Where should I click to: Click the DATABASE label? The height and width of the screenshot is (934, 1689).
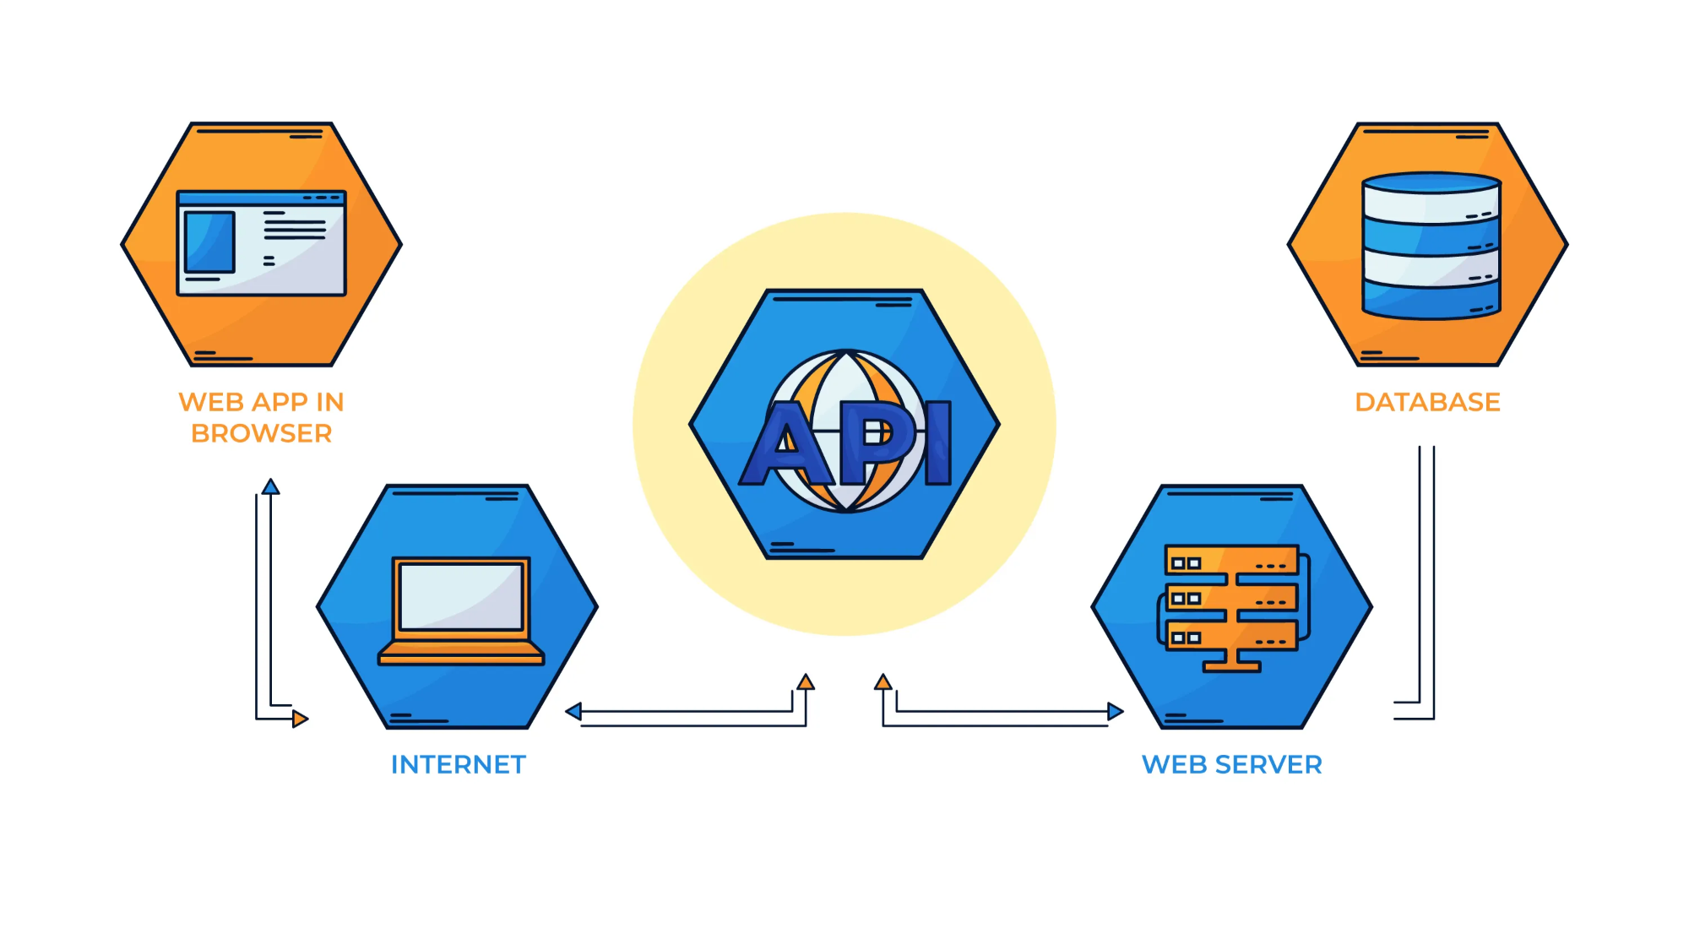[1427, 402]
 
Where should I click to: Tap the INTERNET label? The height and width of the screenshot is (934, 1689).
[459, 764]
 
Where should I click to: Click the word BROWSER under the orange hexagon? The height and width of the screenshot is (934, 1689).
[262, 433]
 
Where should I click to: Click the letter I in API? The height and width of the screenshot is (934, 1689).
[937, 443]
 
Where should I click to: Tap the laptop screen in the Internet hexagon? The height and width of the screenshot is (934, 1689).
[461, 596]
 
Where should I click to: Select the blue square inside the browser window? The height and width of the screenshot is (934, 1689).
[209, 242]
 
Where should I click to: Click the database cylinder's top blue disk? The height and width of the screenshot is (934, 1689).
[1431, 183]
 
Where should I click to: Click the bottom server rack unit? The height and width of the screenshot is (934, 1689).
[1231, 636]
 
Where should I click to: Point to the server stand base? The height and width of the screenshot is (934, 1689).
[1232, 667]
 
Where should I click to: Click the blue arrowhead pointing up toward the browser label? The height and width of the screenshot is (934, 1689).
[270, 486]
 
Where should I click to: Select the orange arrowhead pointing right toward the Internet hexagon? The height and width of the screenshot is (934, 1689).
[301, 719]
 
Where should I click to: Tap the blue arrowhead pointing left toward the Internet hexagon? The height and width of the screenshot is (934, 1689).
[573, 711]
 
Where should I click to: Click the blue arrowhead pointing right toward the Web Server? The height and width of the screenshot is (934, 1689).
[1116, 711]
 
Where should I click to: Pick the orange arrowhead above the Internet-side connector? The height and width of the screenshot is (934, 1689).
[806, 681]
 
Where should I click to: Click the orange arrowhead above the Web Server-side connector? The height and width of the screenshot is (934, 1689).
[883, 681]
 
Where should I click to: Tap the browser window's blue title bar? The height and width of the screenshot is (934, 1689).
[262, 198]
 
